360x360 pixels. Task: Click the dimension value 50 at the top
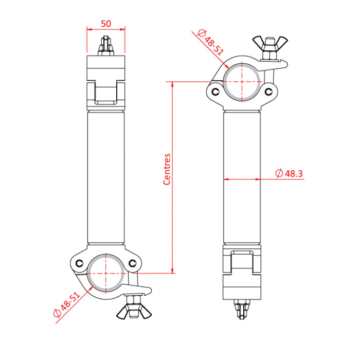click(106, 24)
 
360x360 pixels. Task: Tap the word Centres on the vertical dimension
click(167, 169)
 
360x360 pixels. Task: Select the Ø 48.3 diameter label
click(289, 173)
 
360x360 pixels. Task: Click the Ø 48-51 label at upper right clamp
click(210, 43)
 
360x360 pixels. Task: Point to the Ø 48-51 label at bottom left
click(67, 304)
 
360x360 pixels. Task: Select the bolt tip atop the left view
click(106, 45)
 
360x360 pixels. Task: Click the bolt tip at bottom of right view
click(242, 309)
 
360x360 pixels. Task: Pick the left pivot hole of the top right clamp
click(215, 92)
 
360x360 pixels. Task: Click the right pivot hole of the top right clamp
click(268, 92)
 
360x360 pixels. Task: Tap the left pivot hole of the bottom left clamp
click(79, 263)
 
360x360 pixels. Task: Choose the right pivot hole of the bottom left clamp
click(133, 263)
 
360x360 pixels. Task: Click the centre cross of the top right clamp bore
click(242, 82)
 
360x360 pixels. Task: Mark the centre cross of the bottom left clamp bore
click(106, 273)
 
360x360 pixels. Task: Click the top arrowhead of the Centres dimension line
click(173, 84)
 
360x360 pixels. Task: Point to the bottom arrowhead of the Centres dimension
click(173, 271)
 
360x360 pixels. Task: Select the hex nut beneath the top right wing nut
click(270, 55)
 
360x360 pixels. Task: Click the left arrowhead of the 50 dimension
click(89, 29)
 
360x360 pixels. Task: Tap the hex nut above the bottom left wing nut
click(134, 299)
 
